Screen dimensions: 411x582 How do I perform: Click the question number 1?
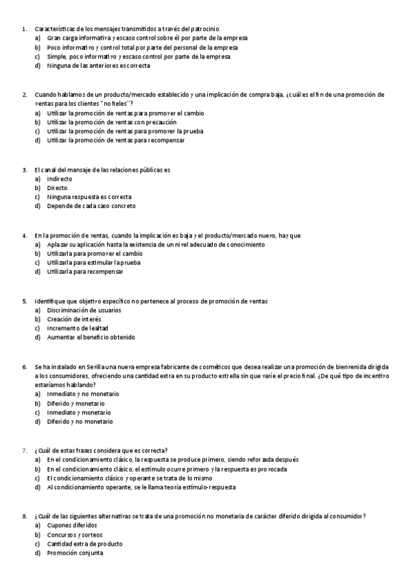pyautogui.click(x=24, y=29)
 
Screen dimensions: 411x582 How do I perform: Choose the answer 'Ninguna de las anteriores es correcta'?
pyautogui.click(x=98, y=66)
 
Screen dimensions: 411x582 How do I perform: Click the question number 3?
pyautogui.click(x=24, y=169)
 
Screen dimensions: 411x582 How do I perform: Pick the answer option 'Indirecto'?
pyautogui.click(x=59, y=178)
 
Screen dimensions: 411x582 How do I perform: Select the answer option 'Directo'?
pyautogui.click(x=57, y=187)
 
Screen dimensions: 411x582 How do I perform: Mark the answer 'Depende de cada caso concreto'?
pyautogui.click(x=91, y=206)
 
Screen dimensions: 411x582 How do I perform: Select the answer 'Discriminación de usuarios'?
pyautogui.click(x=84, y=310)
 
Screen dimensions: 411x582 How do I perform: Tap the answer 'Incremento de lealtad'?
pyautogui.click(x=78, y=328)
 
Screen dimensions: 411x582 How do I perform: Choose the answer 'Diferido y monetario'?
pyautogui.click(x=75, y=404)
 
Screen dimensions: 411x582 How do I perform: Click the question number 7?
pyautogui.click(x=24, y=450)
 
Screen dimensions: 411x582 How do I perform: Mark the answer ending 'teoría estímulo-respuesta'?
pyautogui.click(x=141, y=487)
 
